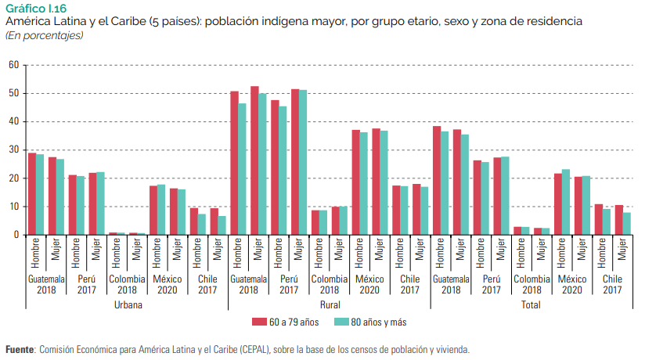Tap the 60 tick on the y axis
pyautogui.click(x=13, y=65)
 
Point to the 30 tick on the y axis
pyautogui.click(x=13, y=149)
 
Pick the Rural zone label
pyautogui.click(x=329, y=304)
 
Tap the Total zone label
pyautogui.click(x=531, y=304)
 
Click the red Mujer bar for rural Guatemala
pyautogui.click(x=254, y=160)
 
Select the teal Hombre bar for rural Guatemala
pyautogui.click(x=243, y=169)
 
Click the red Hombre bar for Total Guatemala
pyautogui.click(x=437, y=180)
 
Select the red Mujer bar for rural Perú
pyautogui.click(x=295, y=162)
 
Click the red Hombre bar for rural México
pyautogui.click(x=355, y=182)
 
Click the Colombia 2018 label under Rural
pyautogui.click(x=329, y=284)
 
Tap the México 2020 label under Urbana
pyautogui.click(x=168, y=284)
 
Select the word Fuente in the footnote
pyautogui.click(x=20, y=350)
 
